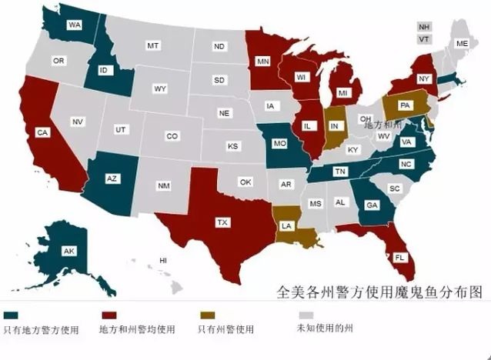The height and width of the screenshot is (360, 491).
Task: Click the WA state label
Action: [x=75, y=25]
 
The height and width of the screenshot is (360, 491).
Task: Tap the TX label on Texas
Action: [x=222, y=222]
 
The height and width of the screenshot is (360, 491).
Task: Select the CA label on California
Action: [x=42, y=132]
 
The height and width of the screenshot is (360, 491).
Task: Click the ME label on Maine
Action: [x=461, y=44]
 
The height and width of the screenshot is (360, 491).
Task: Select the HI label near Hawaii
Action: [x=163, y=261]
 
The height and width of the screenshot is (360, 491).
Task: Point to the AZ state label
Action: [x=112, y=178]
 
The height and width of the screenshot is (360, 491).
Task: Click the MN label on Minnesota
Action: [x=262, y=61]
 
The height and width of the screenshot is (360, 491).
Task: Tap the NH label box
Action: [x=423, y=25]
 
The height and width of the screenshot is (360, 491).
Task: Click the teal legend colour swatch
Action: [x=11, y=315]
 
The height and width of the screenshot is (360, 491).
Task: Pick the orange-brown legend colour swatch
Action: [x=205, y=315]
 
